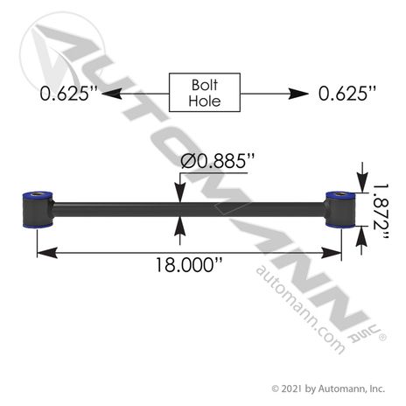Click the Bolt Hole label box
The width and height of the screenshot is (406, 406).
[205, 92]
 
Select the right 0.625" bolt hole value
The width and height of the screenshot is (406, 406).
[347, 94]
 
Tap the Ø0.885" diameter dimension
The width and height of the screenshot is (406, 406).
[217, 161]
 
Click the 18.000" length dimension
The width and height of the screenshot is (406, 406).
[189, 264]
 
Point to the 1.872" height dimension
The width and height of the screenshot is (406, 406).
[381, 211]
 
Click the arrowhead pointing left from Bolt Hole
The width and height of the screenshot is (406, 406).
[111, 94]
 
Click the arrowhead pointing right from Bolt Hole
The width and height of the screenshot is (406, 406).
[298, 94]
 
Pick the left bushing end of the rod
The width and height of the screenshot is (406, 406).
[38, 209]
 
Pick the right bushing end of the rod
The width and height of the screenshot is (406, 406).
[340, 209]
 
